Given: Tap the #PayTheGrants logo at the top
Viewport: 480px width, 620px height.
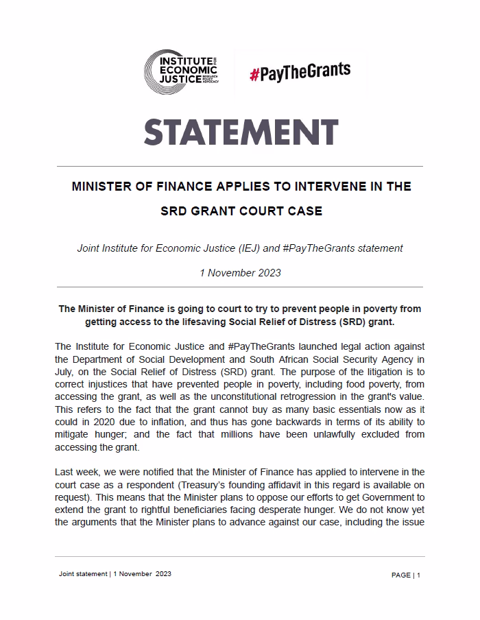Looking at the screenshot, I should [300, 71].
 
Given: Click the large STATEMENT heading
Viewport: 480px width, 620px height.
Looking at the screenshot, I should [241, 132].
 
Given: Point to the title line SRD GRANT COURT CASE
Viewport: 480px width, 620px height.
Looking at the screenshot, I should [241, 211].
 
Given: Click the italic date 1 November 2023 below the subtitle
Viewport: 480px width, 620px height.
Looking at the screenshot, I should [240, 272].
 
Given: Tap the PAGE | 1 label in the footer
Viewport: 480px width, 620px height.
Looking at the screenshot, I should [406, 575].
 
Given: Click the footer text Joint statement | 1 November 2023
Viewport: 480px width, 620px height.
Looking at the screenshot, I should [115, 573].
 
